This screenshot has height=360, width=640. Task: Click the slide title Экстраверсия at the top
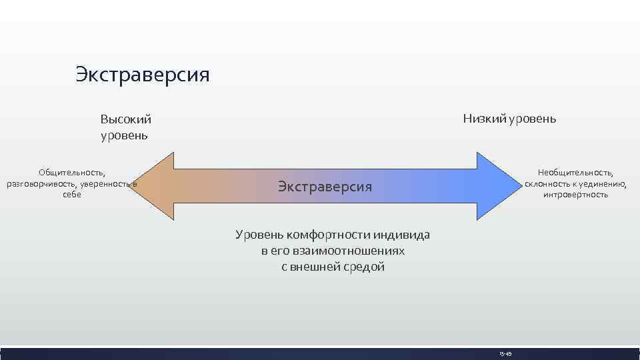pos(142,74)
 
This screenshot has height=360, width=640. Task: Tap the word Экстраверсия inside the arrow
pos(325,186)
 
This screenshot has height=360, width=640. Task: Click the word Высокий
pos(126,119)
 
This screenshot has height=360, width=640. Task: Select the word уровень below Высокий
pos(124,135)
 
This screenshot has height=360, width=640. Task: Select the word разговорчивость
pos(40,183)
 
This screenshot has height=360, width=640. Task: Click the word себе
pos(71,195)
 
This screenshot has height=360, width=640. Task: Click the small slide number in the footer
pos(504,353)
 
